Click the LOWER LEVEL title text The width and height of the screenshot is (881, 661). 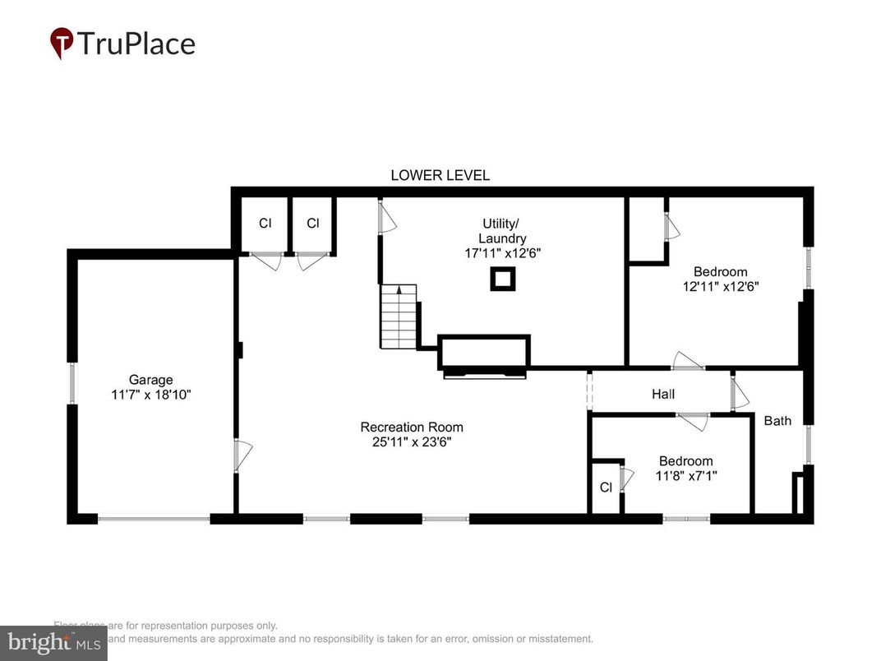440,175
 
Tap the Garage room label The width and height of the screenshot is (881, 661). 150,380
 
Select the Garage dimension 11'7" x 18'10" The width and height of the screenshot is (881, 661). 150,395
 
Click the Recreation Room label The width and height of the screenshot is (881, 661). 411,427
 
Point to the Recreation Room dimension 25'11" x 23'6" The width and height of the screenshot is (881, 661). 411,441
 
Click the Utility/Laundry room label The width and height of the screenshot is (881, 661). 500,231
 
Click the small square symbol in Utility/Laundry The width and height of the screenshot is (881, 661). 502,280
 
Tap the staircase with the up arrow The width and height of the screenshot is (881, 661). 399,316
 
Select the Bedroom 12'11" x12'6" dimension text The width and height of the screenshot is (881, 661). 720,287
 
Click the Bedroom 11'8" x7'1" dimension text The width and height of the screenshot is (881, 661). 685,475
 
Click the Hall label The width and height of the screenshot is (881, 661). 663,395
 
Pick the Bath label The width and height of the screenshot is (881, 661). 777,421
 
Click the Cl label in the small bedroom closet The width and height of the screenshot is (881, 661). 606,487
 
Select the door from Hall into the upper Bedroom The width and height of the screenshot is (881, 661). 687,362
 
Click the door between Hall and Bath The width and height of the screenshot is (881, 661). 739,393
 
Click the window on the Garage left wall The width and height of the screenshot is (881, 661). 72,383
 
